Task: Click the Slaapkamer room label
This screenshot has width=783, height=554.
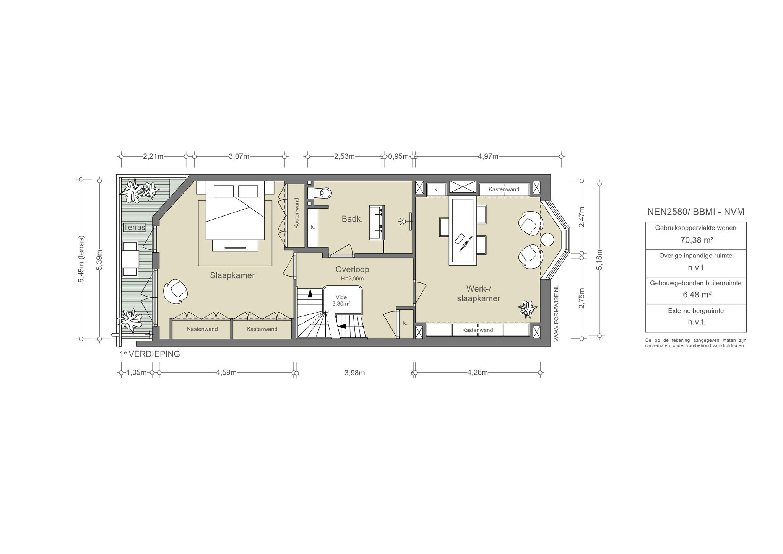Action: coord(232,275)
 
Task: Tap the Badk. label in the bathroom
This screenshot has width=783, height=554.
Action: coord(352,219)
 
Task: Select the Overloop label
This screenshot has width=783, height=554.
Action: coord(352,269)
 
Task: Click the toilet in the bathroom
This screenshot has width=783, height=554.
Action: coord(322,193)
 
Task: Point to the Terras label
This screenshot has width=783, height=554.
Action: coord(135,228)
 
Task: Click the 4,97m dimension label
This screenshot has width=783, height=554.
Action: coord(488,156)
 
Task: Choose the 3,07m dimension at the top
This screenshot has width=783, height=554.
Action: coord(239,156)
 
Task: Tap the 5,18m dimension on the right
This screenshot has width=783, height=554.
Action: coord(599,260)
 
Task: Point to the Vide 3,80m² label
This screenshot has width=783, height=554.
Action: coord(341,300)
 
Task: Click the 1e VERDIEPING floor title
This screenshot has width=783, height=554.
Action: coord(149,354)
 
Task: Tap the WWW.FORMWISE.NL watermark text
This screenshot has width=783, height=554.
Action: coord(556,313)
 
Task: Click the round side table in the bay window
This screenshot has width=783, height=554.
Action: coord(547,240)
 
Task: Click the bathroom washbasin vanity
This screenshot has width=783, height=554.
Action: coord(377,223)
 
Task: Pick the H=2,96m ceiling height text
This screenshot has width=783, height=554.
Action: coord(352,279)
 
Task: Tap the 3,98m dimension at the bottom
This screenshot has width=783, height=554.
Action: coord(354,373)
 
